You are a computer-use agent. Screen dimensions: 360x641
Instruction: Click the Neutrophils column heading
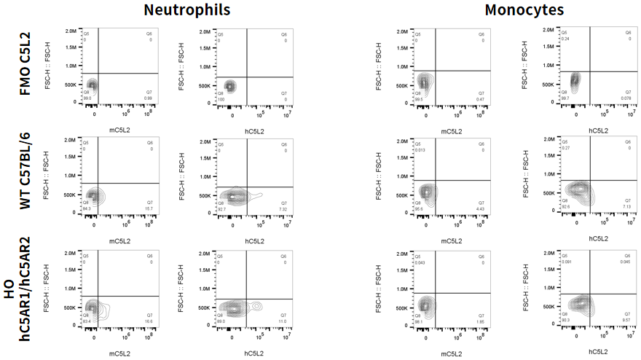[186, 10]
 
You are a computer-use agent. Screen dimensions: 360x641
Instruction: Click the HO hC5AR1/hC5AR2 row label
[19, 300]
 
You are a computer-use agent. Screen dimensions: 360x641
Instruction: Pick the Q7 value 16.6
[149, 321]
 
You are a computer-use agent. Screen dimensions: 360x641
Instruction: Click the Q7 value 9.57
[626, 321]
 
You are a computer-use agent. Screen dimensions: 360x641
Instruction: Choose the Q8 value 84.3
[87, 208]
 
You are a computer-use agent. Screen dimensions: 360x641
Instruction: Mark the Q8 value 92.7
[222, 209]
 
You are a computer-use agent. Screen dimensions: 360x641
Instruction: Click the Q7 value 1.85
[480, 321]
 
